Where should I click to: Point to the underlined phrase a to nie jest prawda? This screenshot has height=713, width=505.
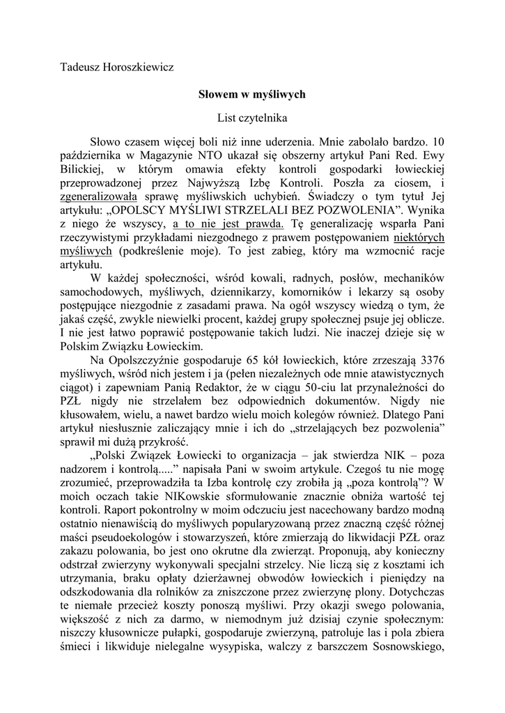point(228,224)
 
